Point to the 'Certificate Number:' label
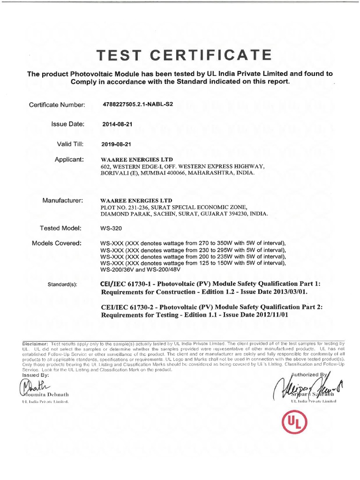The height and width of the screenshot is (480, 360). (x=57, y=105)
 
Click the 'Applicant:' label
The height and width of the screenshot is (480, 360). (x=69, y=160)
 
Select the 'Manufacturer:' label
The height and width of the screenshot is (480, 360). (x=63, y=201)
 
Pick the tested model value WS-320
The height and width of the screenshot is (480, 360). (x=112, y=228)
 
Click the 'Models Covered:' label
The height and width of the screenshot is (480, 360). (x=57, y=243)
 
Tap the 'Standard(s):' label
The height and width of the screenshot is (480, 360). (x=63, y=285)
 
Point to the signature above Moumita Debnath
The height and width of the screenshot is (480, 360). (x=28, y=387)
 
